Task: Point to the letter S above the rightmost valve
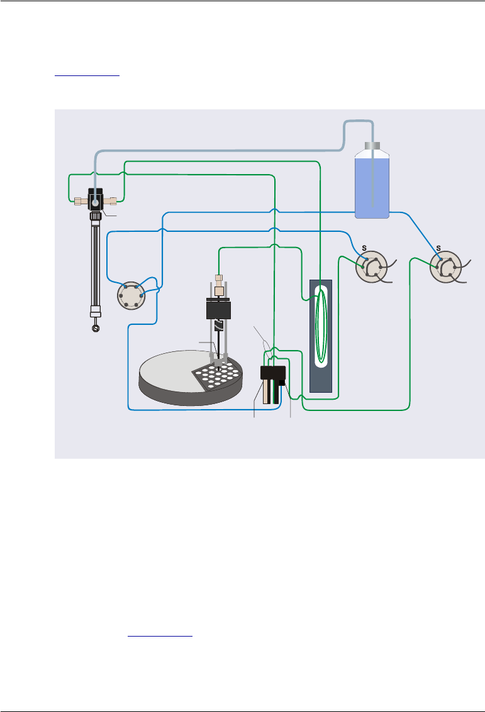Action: coord(438,248)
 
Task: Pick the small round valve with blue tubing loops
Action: coord(133,295)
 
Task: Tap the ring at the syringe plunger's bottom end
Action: coord(96,327)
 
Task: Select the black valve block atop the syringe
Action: coord(95,199)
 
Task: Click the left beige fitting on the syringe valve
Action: coord(79,202)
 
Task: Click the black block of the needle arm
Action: coord(218,310)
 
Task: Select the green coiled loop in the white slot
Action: coord(322,326)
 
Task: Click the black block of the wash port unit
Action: coord(272,373)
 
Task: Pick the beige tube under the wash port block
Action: coord(267,391)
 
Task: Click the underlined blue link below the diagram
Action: coord(160,635)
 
